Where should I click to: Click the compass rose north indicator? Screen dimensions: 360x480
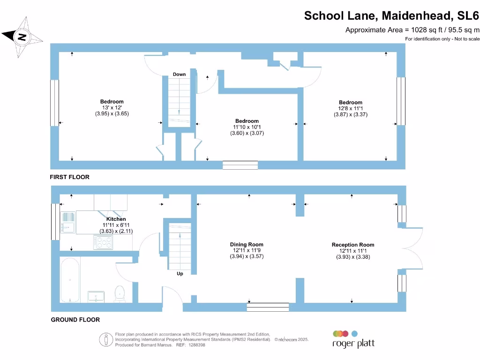(x=21, y=36)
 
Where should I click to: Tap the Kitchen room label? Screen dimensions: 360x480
(x=116, y=219)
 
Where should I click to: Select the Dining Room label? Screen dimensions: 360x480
(x=247, y=244)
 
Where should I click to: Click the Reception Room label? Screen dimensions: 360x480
(x=353, y=245)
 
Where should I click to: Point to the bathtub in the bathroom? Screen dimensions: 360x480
(x=70, y=280)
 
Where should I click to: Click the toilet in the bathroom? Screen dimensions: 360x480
(x=120, y=292)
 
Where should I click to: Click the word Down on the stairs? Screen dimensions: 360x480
(x=179, y=75)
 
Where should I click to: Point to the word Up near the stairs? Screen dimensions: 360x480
(x=180, y=274)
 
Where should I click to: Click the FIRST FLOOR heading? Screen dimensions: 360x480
(x=70, y=177)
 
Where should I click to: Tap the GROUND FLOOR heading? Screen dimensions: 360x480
(x=75, y=320)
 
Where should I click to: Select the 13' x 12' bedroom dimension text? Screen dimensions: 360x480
(x=112, y=108)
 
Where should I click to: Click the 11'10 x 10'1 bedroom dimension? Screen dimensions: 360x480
(x=247, y=127)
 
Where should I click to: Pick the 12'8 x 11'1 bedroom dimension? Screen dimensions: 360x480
(x=351, y=108)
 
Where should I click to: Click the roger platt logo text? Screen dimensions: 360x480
(x=353, y=345)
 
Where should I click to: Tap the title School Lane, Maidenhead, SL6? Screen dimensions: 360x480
(x=391, y=15)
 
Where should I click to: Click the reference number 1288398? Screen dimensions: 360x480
(x=196, y=345)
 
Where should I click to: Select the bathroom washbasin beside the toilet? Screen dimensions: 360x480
(x=97, y=296)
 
